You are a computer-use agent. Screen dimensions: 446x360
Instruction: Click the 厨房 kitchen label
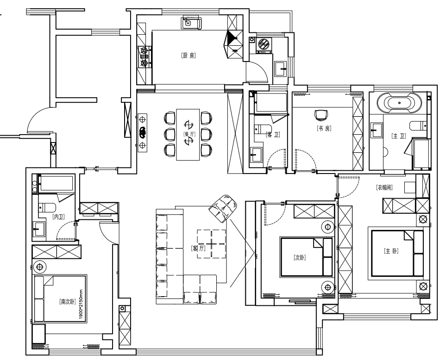[x=188, y=56]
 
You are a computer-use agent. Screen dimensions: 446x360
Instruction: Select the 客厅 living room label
[x=198, y=248]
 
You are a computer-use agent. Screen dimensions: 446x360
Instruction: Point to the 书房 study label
[x=324, y=129]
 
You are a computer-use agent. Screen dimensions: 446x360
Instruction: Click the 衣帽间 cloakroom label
[x=384, y=187]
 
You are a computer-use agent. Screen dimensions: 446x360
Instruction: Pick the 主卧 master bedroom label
[x=391, y=251]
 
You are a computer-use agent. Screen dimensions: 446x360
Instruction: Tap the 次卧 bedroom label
[x=300, y=258]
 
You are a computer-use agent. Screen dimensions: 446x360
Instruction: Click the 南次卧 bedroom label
[x=68, y=302]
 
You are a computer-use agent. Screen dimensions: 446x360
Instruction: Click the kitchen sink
[x=191, y=23]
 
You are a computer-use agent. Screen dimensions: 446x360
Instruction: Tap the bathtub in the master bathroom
[x=399, y=103]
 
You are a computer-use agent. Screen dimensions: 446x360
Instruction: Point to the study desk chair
[x=321, y=115]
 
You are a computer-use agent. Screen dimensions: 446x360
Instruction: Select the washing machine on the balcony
[x=264, y=44]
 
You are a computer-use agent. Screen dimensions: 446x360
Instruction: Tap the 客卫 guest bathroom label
[x=273, y=134]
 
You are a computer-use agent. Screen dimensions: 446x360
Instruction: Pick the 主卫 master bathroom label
[x=399, y=136]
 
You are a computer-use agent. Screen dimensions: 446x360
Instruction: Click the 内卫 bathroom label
[x=59, y=217]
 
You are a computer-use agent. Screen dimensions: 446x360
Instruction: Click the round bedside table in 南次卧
[x=39, y=267]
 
